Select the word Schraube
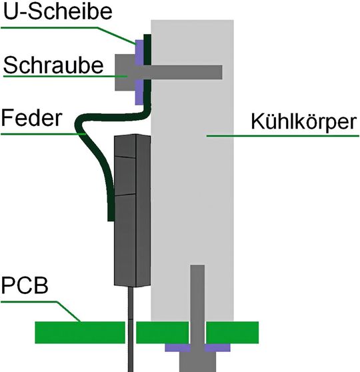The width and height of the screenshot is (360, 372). pyautogui.click(x=53, y=65)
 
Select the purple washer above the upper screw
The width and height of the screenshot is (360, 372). pyautogui.click(x=139, y=48)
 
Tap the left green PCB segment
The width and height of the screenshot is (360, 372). pyautogui.click(x=80, y=331)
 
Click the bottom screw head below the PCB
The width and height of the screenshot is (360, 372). pyautogui.click(x=197, y=361)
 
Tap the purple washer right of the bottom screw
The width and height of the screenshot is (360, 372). pyautogui.click(x=218, y=347)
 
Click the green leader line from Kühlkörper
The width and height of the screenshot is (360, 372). pyautogui.click(x=227, y=135)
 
